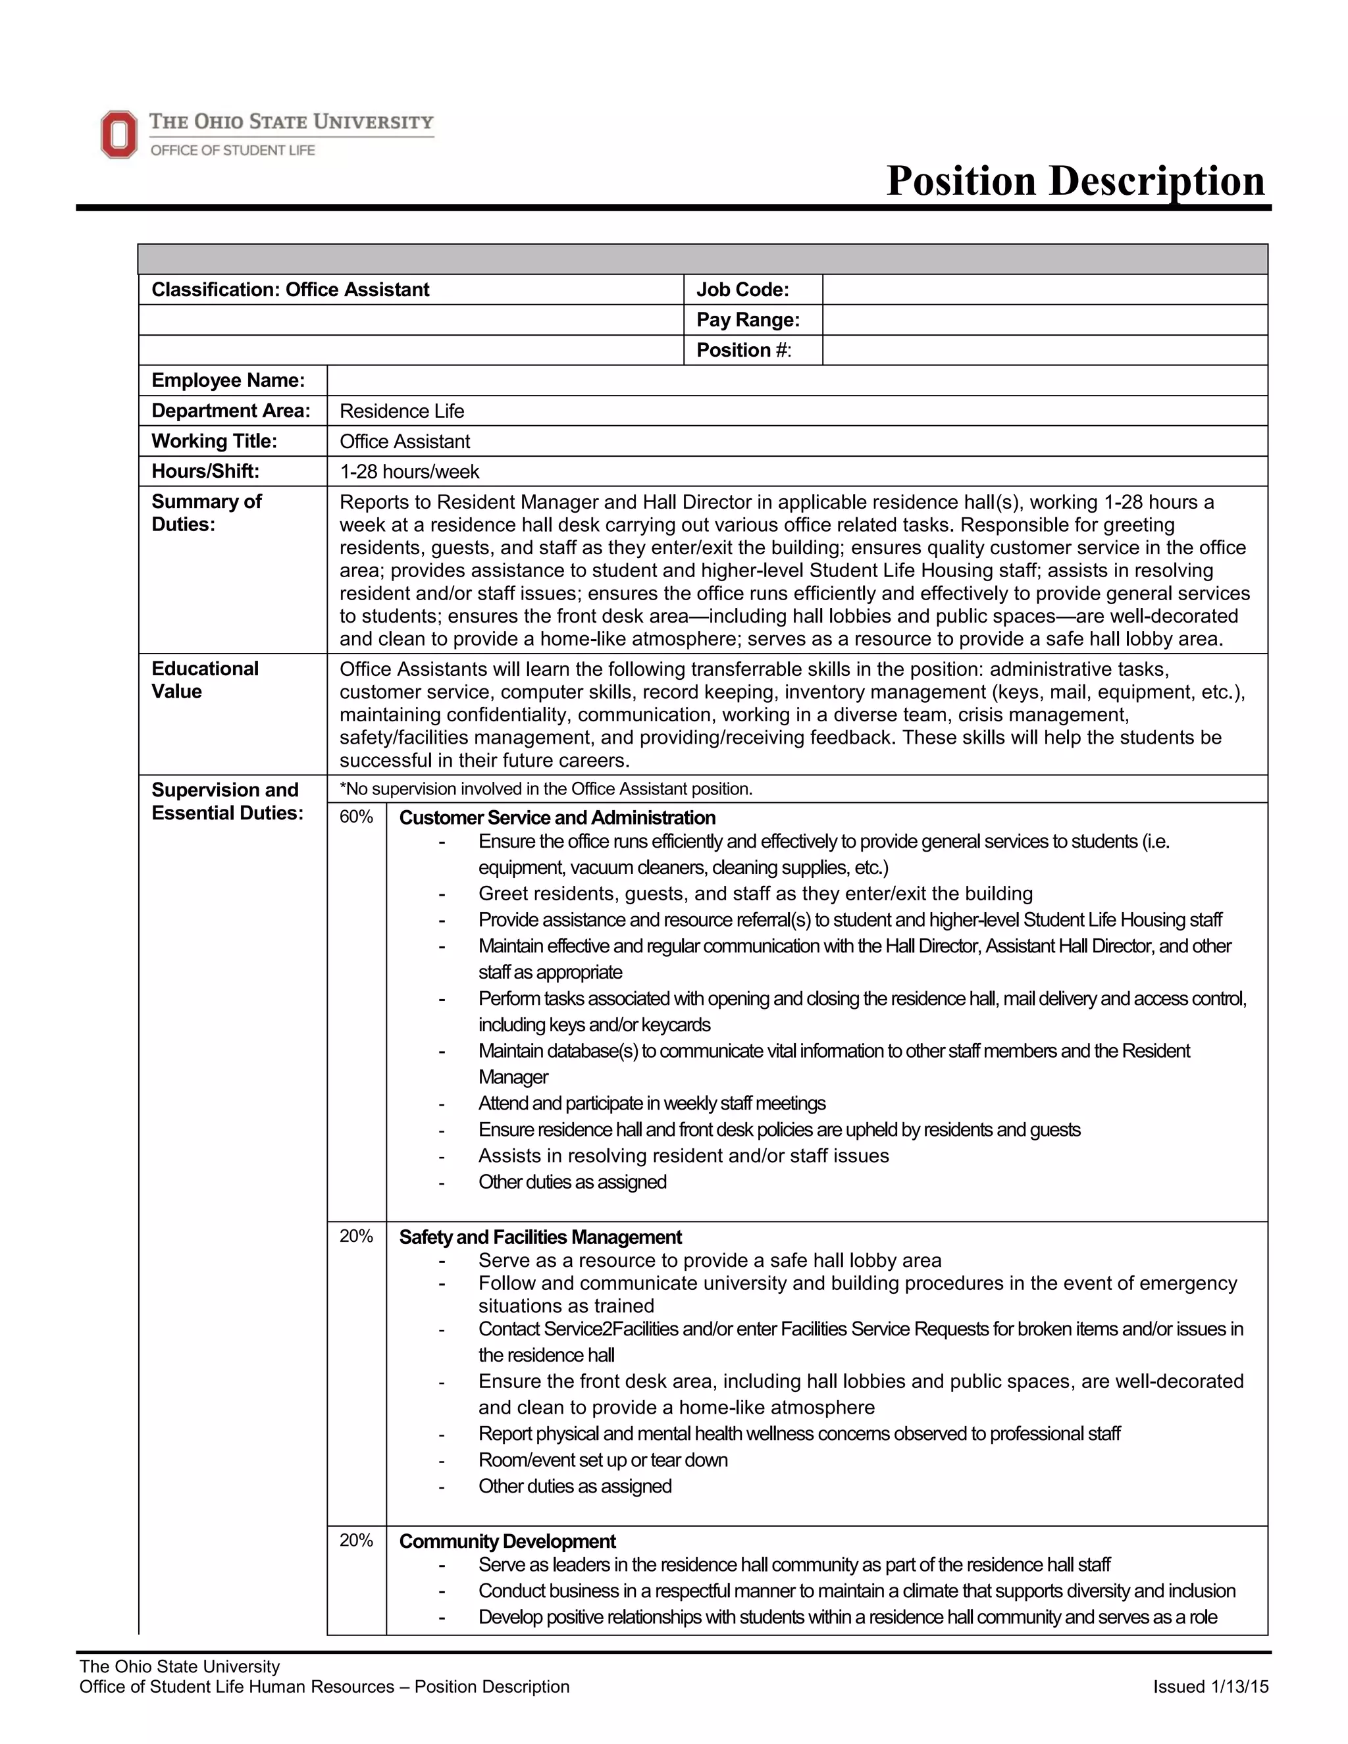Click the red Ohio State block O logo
pos(119,134)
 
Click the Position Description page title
pos(1075,180)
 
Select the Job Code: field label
pos(742,289)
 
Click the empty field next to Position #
pos(1044,349)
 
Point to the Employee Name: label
pos(228,380)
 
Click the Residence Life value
pos(402,411)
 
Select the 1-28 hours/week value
pos(409,472)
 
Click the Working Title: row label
pos(213,441)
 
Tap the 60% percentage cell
pos(356,816)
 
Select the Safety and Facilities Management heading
pos(540,1237)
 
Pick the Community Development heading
pos(507,1541)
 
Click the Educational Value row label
pos(205,680)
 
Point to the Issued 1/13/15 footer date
pos(1210,1687)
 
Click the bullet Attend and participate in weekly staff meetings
pos(652,1104)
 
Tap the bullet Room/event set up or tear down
pos(603,1460)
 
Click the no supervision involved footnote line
pos(546,789)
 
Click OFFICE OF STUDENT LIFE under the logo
pos(232,150)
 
